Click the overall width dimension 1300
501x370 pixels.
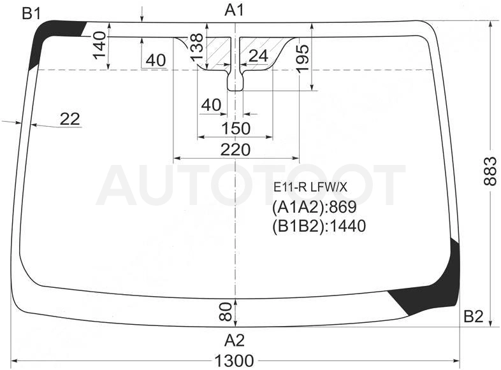(x=234, y=360)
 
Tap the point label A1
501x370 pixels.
(x=234, y=10)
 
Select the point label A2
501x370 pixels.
(x=234, y=340)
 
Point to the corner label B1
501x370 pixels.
(x=31, y=13)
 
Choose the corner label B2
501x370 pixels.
(x=473, y=317)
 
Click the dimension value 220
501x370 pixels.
(x=235, y=150)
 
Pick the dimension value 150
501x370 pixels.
(x=236, y=129)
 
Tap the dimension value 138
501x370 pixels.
(x=196, y=47)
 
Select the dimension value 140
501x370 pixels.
(x=99, y=45)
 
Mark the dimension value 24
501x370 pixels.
(x=258, y=56)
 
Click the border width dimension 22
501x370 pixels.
(x=69, y=119)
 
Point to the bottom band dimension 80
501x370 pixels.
(x=226, y=311)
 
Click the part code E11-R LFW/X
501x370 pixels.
(x=310, y=187)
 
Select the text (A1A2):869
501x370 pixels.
(x=314, y=207)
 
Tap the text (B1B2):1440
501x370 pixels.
(x=319, y=226)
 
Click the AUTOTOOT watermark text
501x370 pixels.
(x=251, y=185)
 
